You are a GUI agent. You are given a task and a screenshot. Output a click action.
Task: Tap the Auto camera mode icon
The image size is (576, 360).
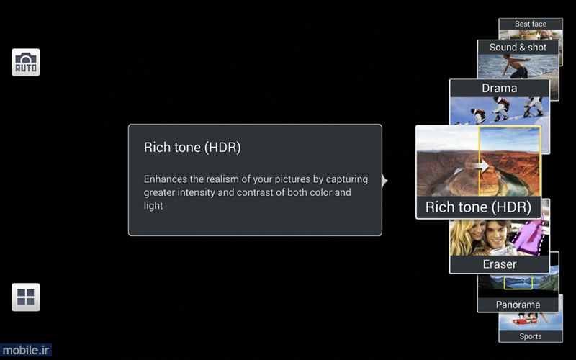pyautogui.click(x=26, y=63)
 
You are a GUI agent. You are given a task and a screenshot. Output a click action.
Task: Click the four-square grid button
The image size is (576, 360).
pyautogui.click(x=26, y=297)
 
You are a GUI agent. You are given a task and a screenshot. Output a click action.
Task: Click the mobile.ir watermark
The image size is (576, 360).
pyautogui.click(x=26, y=350)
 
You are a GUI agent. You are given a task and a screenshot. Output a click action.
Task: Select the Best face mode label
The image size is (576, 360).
pyautogui.click(x=531, y=24)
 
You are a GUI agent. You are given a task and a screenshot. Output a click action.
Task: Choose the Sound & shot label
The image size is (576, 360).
pyautogui.click(x=518, y=48)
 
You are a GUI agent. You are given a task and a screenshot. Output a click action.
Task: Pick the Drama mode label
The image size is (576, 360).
pyautogui.click(x=500, y=88)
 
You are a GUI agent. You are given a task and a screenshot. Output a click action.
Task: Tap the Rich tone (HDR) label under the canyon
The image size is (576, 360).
pyautogui.click(x=478, y=207)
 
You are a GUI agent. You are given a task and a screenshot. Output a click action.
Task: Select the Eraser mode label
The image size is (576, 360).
pyautogui.click(x=500, y=264)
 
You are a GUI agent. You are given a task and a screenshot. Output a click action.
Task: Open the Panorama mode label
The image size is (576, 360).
pyautogui.click(x=518, y=305)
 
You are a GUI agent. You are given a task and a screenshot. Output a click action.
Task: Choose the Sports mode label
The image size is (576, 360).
pyautogui.click(x=531, y=336)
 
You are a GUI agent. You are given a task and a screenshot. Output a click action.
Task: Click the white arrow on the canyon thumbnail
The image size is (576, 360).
pyautogui.click(x=482, y=166)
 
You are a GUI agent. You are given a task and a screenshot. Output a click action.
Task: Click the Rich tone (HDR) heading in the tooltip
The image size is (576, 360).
pyautogui.click(x=192, y=148)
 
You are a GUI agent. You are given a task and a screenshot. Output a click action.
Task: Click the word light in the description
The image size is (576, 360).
pyautogui.click(x=153, y=206)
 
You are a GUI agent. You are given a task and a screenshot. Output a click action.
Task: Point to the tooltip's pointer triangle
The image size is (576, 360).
pyautogui.click(x=384, y=181)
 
